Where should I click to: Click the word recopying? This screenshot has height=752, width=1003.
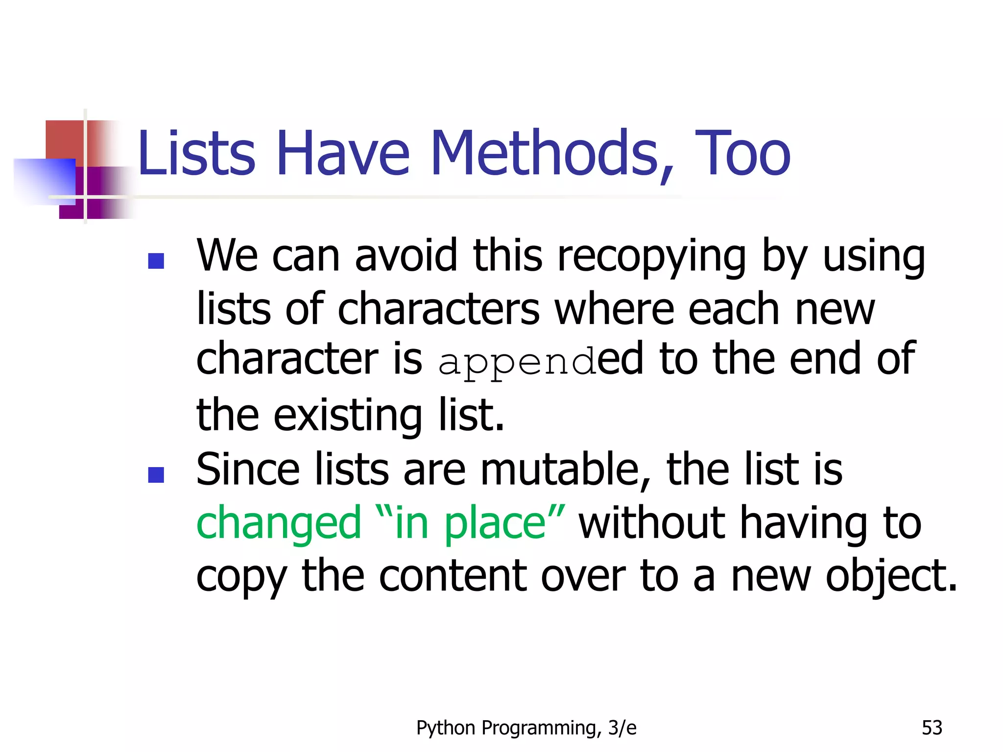pyautogui.click(x=651, y=258)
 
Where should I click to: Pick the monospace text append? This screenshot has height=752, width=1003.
pyautogui.click(x=517, y=362)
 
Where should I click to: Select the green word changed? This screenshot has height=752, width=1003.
pyautogui.click(x=278, y=523)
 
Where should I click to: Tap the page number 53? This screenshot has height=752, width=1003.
pyautogui.click(x=931, y=728)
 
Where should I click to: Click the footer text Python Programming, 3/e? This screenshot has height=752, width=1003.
pyautogui.click(x=526, y=728)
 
